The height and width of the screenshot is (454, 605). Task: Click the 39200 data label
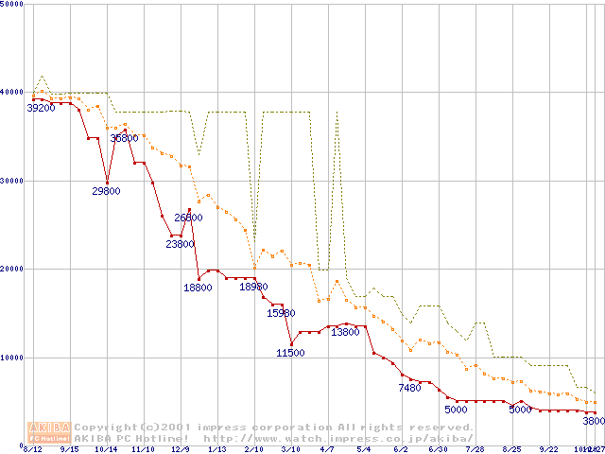pos(41,108)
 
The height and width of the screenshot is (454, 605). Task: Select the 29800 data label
pos(106,191)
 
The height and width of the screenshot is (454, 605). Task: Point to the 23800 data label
pos(180,244)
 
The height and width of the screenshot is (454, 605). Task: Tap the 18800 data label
pos(198,288)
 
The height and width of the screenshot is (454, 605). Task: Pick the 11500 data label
pos(290,353)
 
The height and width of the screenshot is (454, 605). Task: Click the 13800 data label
pos(345,332)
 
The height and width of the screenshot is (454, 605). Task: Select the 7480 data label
pos(409,388)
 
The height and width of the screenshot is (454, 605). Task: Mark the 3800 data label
pos(594,421)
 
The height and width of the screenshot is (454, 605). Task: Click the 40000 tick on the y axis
pos(13,92)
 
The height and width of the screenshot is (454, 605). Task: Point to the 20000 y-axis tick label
pos(13,269)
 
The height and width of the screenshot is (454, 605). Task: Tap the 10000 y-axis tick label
pos(13,358)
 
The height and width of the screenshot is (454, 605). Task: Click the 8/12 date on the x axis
pos(32,449)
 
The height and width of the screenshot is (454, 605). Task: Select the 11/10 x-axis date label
pos(143,449)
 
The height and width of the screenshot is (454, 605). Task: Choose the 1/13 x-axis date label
pos(216,449)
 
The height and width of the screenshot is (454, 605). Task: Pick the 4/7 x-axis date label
pos(327,449)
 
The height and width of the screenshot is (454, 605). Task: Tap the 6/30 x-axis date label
pos(438,449)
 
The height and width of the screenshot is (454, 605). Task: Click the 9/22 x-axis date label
pos(548,449)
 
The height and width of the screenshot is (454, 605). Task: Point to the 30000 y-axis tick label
pos(13,180)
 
